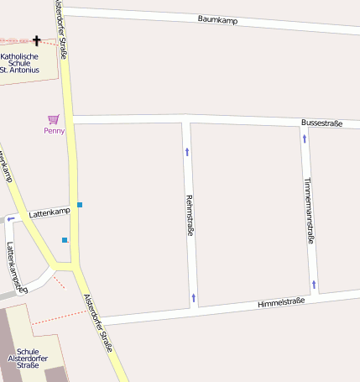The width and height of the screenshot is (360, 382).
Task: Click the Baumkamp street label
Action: [x=218, y=18]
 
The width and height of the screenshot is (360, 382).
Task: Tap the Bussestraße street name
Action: [x=321, y=123]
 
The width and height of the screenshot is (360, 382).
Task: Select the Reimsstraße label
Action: [x=189, y=215]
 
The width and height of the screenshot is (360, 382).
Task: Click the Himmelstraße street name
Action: [x=281, y=302]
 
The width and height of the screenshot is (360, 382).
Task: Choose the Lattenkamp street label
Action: [x=49, y=213]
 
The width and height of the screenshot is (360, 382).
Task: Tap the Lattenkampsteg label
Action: [x=16, y=267]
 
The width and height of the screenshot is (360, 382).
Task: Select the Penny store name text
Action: [x=54, y=131]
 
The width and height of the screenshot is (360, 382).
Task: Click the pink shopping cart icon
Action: [x=54, y=119]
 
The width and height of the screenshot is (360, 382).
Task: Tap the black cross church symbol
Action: [x=36, y=40]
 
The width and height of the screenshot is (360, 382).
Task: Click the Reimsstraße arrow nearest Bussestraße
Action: [x=186, y=152]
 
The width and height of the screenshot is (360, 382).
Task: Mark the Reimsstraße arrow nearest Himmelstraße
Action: [x=193, y=297]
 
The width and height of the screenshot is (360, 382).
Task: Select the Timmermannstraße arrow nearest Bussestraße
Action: [x=305, y=138]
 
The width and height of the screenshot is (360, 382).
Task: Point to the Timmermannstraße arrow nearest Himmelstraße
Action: [x=314, y=285]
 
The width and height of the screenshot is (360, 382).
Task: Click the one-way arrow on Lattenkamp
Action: [x=11, y=220]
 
